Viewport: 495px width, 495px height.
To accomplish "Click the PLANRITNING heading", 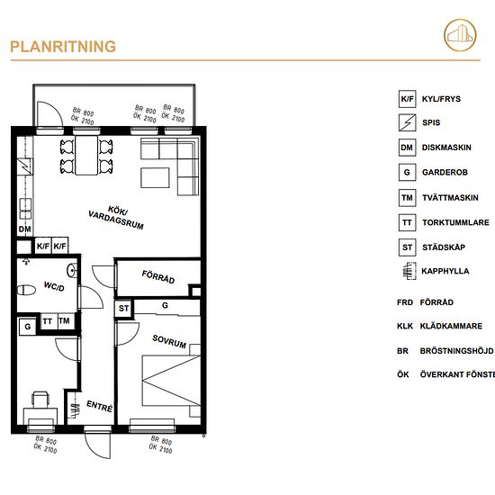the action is coord(63,47).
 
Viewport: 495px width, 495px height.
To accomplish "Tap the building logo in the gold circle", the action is coord(460,35).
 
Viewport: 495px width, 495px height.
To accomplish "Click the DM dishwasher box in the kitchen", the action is coord(24,229).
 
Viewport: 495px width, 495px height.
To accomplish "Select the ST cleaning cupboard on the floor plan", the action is coord(123,308).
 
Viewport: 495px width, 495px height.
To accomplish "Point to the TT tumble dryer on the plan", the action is coord(48,321).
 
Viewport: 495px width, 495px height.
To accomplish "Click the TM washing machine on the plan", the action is coord(65,321).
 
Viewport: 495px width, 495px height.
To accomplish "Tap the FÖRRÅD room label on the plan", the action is coord(158,277).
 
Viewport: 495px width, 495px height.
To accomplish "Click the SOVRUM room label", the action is coord(169,341).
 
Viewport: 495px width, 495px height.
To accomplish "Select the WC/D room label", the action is coord(54,286).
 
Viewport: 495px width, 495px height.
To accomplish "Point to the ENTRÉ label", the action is coord(99,406).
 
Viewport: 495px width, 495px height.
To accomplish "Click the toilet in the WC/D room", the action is coord(26,290).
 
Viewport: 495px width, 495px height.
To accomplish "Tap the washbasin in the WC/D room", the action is coord(72,271).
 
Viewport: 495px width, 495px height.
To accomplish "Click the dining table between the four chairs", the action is coord(86,156).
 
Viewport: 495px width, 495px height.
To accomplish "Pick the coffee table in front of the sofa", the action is coord(155,177).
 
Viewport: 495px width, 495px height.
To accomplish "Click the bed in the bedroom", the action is coord(171,381).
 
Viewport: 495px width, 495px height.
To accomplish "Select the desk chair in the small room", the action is coord(40,399).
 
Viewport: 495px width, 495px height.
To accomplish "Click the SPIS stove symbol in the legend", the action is coord(407,122).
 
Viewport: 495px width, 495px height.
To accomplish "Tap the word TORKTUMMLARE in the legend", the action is coord(455,222).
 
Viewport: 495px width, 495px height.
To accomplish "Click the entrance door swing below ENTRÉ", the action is coord(98,445).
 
